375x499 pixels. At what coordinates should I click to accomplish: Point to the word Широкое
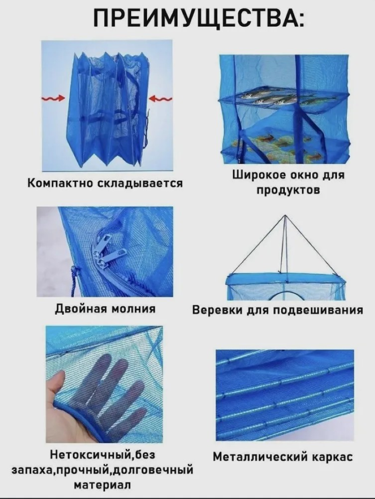pos(258,175)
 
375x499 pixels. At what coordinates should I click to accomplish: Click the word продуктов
pos(288,190)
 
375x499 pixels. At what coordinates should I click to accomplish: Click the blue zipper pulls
pos(106,252)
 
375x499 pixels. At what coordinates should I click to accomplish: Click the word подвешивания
pos(318,310)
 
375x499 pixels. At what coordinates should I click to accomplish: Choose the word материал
pos(102,485)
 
